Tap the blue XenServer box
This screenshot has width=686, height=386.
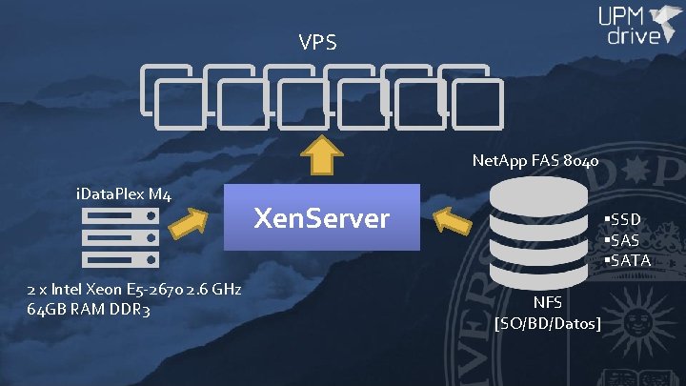[x=321, y=218]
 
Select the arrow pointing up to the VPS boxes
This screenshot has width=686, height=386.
[x=321, y=154]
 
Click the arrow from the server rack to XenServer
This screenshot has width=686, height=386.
[x=191, y=226]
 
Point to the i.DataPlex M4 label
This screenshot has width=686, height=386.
[x=123, y=196]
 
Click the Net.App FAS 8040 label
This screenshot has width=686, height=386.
[x=535, y=161]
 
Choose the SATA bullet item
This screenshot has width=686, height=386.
[x=626, y=259]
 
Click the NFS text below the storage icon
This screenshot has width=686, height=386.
[x=547, y=303]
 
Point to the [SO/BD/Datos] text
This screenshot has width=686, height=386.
[x=548, y=325]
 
